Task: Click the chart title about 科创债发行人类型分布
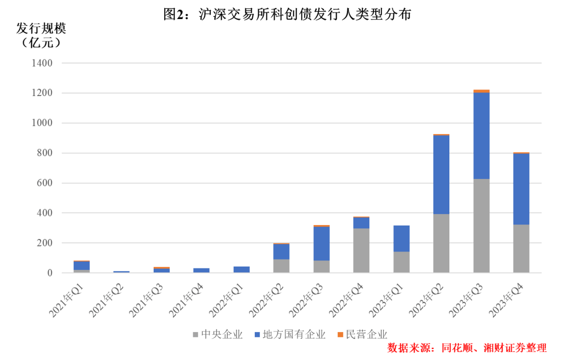[287, 15]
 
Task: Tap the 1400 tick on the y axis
[42, 63]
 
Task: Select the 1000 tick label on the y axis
[42, 123]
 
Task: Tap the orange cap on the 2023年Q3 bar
[481, 91]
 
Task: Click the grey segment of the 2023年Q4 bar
[521, 248]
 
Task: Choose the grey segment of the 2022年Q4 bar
[361, 250]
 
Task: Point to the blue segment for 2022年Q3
[321, 243]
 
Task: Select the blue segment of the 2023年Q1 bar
[401, 238]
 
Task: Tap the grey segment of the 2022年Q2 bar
[281, 266]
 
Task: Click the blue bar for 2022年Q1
[241, 269]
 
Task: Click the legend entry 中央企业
[218, 334]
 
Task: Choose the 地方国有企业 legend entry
[290, 334]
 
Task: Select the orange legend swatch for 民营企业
[340, 334]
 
